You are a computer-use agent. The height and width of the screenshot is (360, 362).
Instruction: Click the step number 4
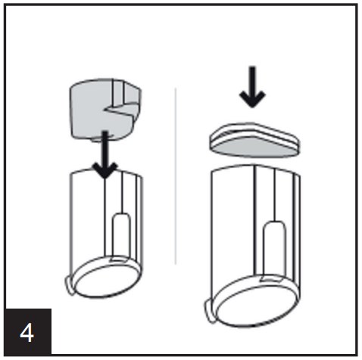pos(27,333)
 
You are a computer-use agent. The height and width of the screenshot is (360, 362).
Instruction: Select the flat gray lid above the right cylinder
pos(254,140)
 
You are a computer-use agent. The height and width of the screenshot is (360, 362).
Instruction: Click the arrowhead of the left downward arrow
pos(105,170)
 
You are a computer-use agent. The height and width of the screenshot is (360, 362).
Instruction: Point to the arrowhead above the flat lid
pos(252,99)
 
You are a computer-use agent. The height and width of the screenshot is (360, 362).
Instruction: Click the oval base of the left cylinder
pos(106,278)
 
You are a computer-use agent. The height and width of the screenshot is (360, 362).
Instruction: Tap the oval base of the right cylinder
pos(255,301)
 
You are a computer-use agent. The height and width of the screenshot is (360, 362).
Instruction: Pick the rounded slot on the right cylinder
pos(275,248)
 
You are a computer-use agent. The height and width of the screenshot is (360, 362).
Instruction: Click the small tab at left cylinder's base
pos(70,285)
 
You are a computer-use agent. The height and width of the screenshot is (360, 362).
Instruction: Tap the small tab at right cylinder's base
pos(210,311)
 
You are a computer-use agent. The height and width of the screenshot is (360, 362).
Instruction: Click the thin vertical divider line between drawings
pos(176,176)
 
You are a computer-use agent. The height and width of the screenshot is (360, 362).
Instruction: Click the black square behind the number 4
pos(28,332)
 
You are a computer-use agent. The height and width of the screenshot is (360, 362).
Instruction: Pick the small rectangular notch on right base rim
pos(270,278)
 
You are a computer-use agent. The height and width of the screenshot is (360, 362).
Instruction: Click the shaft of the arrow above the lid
pos(252,79)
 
